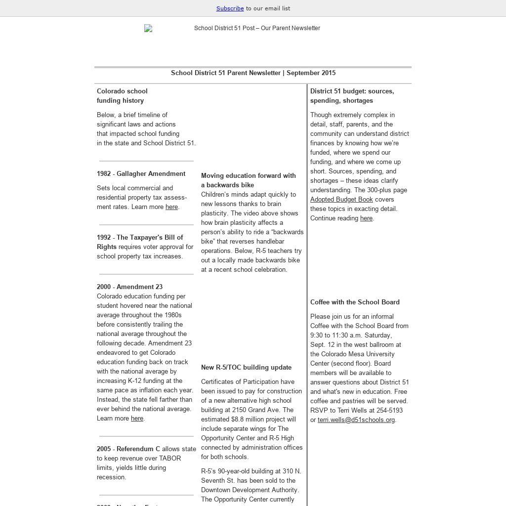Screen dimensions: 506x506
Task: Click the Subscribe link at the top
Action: tap(230, 8)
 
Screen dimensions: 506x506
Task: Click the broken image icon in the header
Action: tap(148, 29)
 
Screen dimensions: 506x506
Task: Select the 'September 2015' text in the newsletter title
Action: tap(311, 73)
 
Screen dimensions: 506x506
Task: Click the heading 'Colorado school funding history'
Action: tap(122, 96)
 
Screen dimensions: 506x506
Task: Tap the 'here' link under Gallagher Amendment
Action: tap(171, 207)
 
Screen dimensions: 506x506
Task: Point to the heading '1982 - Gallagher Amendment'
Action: tap(141, 174)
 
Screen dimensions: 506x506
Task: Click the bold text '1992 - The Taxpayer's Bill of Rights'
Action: tap(139, 242)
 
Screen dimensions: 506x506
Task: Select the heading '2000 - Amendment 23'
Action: tap(129, 287)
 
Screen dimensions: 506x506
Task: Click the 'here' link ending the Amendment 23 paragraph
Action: tap(137, 419)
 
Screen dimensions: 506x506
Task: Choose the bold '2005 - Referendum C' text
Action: tap(128, 449)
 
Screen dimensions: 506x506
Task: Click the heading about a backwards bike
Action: tap(248, 180)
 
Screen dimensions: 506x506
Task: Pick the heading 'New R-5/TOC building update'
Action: tap(246, 368)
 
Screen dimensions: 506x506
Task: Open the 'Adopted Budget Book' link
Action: tap(341, 200)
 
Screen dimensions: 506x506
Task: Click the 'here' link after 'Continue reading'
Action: tap(366, 218)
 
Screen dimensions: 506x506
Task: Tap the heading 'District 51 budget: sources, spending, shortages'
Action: tap(352, 96)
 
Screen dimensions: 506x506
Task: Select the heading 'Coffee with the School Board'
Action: tap(355, 302)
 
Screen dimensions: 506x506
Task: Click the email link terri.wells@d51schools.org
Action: tap(356, 420)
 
